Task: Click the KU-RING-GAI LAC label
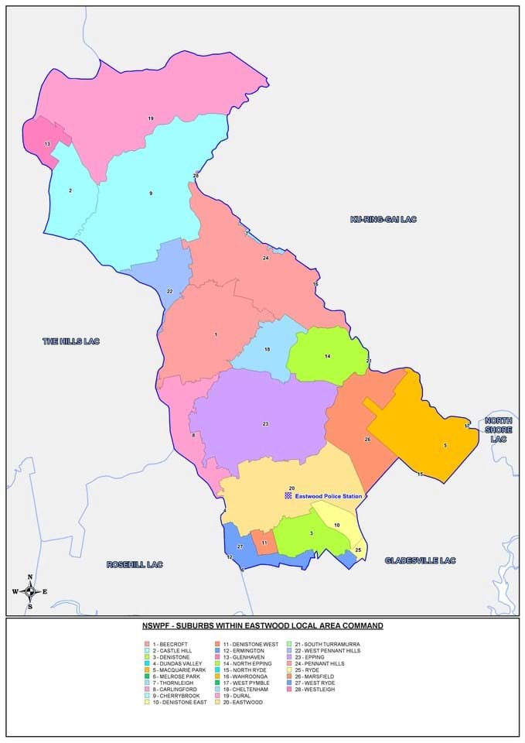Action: click(384, 219)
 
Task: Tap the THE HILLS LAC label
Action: click(71, 341)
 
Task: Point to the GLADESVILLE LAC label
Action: click(421, 560)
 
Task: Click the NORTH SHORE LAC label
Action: click(499, 430)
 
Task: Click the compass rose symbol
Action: click(30, 591)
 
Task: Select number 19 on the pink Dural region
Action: click(151, 118)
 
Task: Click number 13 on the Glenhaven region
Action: click(47, 144)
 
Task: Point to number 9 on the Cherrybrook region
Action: click(151, 193)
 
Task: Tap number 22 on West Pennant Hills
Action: click(169, 291)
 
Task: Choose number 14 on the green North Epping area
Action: click(327, 356)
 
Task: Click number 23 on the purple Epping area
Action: click(265, 423)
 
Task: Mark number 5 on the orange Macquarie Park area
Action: click(445, 445)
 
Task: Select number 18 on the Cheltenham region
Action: click(267, 350)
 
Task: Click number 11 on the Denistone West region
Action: click(264, 543)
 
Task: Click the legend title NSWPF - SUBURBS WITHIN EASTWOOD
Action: click(262, 625)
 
